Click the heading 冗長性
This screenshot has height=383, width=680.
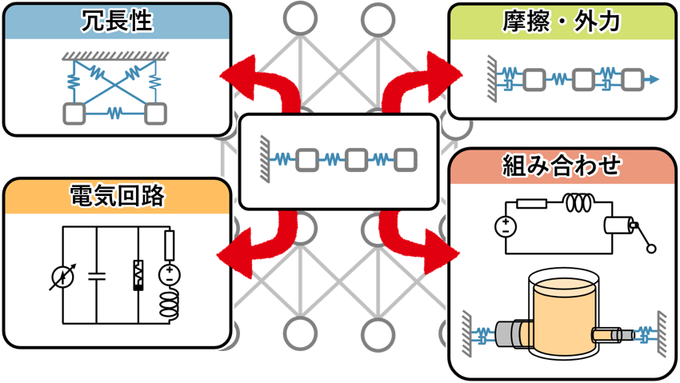pos(117,20)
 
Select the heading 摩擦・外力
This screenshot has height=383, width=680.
pos(562,22)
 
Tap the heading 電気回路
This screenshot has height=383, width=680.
pos(117,196)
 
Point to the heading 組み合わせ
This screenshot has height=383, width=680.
pos(562,166)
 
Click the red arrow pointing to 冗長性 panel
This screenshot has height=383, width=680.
pos(278,85)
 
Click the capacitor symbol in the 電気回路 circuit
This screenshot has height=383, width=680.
pos(96,276)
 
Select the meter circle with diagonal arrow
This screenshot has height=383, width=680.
pos(63,277)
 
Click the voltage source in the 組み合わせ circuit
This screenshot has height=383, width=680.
pos(506,227)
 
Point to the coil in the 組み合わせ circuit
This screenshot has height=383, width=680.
pos(578,202)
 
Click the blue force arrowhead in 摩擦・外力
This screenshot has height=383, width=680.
pos(653,79)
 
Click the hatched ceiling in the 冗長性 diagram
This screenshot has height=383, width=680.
pos(115,56)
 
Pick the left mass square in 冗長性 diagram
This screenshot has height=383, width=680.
pos(74,114)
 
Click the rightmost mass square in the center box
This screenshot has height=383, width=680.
pos(406,160)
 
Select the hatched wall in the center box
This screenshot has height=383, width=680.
pos(265,159)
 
